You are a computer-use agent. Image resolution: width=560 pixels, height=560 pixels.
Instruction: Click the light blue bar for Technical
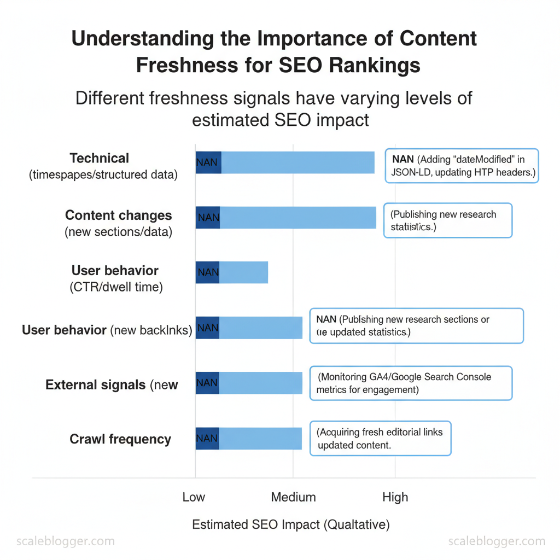tap(298, 162)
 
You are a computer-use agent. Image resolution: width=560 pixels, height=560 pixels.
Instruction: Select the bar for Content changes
tap(298, 217)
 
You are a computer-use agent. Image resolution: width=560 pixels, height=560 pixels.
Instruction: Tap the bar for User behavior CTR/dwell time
tap(244, 272)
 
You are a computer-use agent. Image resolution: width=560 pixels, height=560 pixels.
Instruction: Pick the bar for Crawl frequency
tap(260, 438)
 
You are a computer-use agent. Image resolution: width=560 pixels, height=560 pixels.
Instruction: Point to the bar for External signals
tap(261, 383)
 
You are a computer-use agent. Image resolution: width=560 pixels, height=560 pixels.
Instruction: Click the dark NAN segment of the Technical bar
tap(208, 162)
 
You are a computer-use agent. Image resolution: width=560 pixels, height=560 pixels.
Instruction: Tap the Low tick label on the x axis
tap(194, 497)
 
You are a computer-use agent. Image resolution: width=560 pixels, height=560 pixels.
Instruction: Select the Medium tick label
tap(293, 497)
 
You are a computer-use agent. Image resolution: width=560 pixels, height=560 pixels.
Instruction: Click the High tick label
tap(395, 497)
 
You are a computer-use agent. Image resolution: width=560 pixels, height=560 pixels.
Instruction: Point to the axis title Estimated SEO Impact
tap(290, 525)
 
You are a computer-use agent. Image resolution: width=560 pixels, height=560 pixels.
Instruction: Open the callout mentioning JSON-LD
tap(462, 166)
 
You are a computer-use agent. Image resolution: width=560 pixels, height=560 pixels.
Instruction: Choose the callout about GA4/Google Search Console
tap(411, 383)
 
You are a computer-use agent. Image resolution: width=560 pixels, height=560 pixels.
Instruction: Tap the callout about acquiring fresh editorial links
tap(381, 438)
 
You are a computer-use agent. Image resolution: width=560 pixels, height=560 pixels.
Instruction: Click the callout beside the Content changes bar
tap(447, 220)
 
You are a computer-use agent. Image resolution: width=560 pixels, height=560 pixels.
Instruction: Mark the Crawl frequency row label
tap(120, 439)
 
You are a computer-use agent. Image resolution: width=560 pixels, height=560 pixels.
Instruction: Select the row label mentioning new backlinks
tap(107, 330)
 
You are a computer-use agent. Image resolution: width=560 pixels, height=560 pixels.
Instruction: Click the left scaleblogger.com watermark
tap(66, 541)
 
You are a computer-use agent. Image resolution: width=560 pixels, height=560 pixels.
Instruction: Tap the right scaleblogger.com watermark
tap(497, 541)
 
